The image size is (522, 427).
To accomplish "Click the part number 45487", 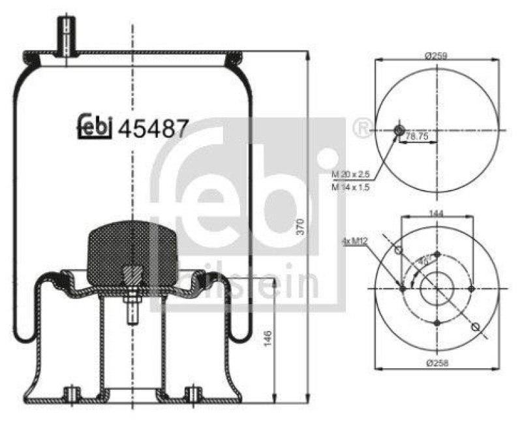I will [x=153, y=128].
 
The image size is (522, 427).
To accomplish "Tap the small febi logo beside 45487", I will [x=95, y=127].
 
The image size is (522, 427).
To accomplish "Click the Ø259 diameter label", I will [x=435, y=57].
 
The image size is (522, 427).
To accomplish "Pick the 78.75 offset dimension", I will [x=418, y=137].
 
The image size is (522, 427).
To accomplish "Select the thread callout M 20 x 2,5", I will [x=350, y=175].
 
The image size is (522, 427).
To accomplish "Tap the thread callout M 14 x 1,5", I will [x=350, y=187].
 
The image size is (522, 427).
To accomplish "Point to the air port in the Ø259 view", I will [x=399, y=131].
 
